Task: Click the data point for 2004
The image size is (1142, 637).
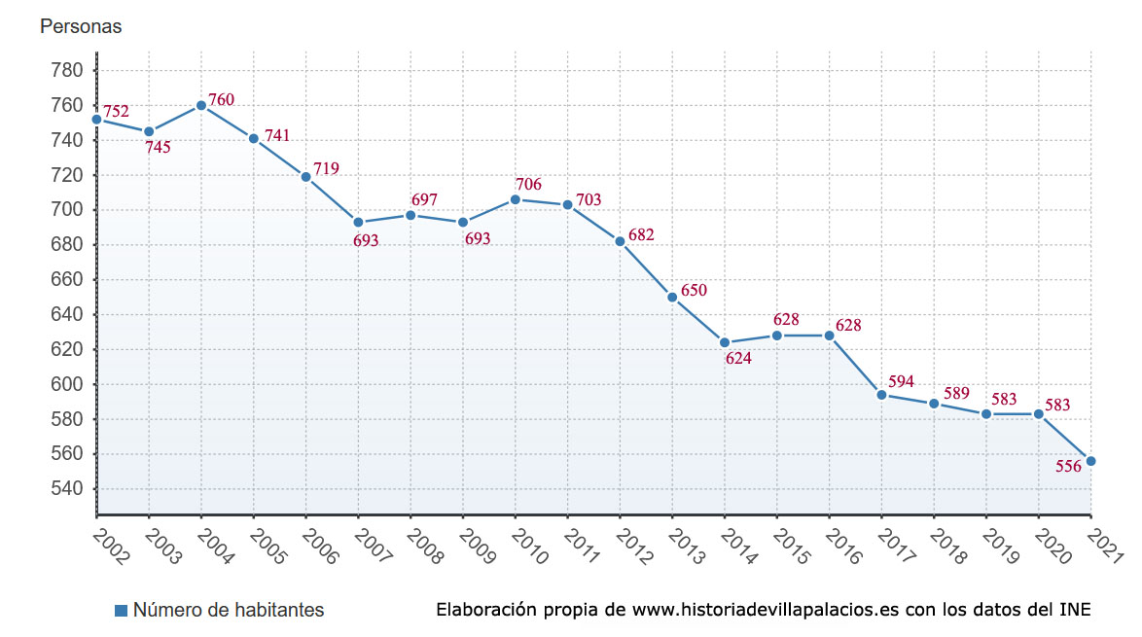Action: point(201,105)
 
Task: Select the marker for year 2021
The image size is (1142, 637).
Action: point(1090,461)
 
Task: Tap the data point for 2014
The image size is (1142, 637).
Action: point(725,342)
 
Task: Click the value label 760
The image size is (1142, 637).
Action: point(221,99)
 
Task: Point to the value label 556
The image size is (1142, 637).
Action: point(1068,467)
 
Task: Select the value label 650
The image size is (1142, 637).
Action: point(694,290)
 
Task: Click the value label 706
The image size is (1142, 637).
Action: point(528,184)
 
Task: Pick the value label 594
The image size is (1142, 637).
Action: point(901,381)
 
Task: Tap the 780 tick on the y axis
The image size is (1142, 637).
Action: point(67,70)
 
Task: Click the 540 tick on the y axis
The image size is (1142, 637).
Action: point(67,489)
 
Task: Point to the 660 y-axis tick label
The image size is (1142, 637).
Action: point(67,280)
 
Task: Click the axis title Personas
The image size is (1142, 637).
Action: point(81,27)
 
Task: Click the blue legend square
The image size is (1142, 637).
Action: point(122,611)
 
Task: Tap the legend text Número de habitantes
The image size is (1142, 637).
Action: point(229,611)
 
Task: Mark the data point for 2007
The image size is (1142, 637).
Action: point(358,223)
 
